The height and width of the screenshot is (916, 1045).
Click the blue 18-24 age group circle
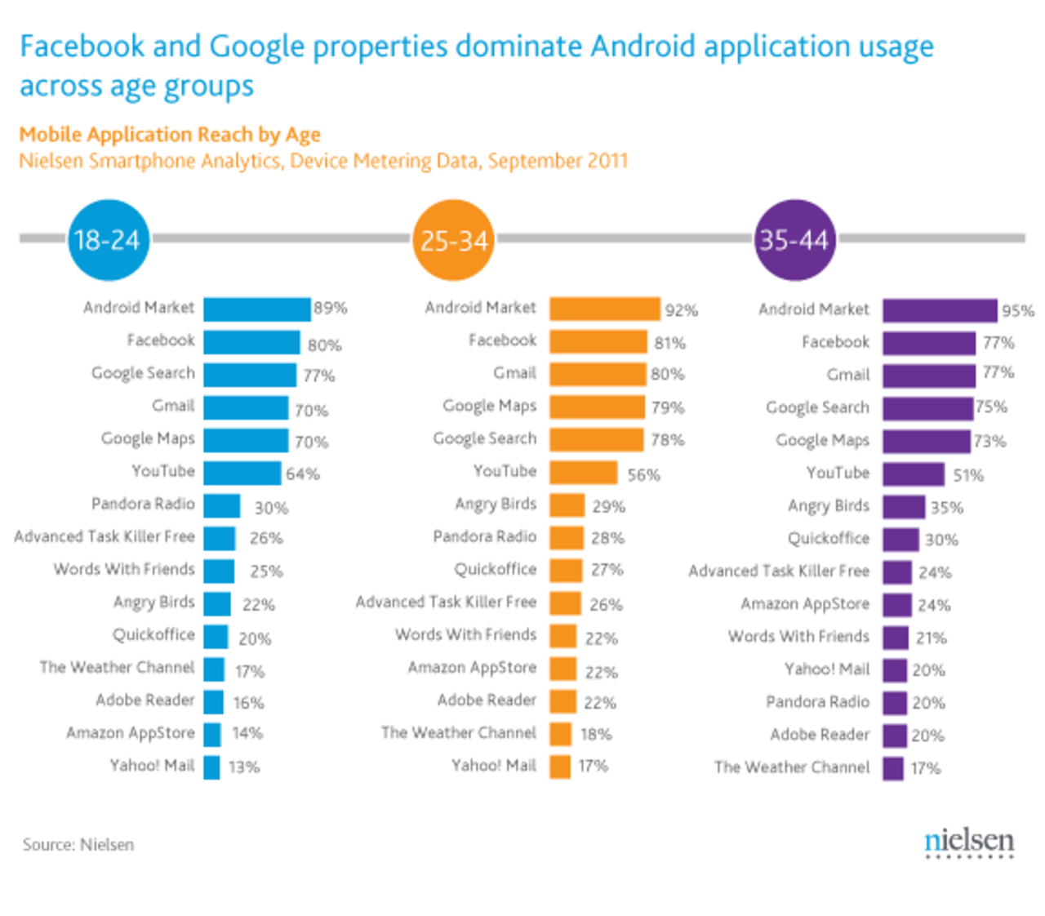point(108,240)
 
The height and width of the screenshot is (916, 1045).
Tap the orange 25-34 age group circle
point(453,240)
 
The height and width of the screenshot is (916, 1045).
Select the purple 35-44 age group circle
point(794,240)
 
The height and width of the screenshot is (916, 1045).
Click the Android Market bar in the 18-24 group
point(256,309)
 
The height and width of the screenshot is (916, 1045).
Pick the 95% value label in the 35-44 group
point(1017,311)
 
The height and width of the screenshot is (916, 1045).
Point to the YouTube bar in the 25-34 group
point(583,473)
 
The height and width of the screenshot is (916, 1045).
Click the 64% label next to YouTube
point(303,474)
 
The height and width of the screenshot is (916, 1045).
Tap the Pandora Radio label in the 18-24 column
point(143,504)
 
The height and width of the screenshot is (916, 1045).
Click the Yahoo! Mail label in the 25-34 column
point(494,766)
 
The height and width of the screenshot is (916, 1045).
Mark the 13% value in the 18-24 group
point(244,767)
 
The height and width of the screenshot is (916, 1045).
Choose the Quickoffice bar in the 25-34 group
point(565,570)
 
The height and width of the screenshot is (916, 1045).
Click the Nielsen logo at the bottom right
point(969,843)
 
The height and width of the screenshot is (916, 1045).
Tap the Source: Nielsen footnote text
point(78,845)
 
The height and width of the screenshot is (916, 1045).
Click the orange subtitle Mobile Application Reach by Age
point(170,135)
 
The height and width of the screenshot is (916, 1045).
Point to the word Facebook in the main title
point(81,47)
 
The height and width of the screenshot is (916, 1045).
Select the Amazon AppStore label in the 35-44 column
point(804,604)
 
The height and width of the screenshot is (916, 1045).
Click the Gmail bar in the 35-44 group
point(928,376)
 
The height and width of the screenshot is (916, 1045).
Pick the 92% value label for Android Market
point(681,310)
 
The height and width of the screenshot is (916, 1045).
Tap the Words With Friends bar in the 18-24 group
point(219,571)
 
